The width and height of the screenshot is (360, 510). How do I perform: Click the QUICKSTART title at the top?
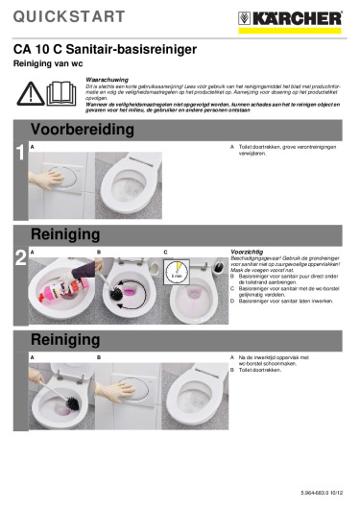pos(69,16)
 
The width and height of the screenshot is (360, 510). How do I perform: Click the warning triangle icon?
pos(32,93)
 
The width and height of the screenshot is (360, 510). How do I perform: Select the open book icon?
pos(62,93)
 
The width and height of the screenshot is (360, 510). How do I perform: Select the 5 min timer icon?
pos(177,276)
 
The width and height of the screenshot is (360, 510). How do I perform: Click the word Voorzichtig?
pos(248,252)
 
